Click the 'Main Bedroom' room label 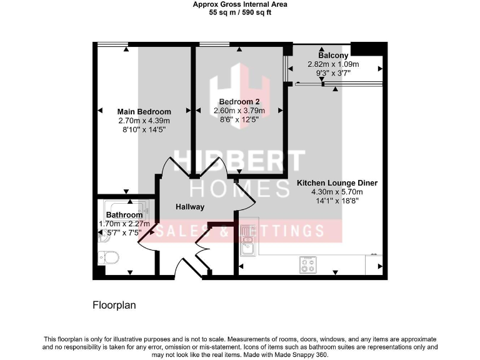(144, 112)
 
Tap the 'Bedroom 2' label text (239, 102)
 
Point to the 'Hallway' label (189, 206)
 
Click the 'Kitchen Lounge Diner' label (337, 183)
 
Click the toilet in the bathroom (111, 257)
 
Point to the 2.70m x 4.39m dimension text (144, 121)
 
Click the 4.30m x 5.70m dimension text (337, 192)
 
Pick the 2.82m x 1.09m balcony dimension (333, 64)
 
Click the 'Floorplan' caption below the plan (114, 306)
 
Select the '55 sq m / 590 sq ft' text (240, 12)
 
